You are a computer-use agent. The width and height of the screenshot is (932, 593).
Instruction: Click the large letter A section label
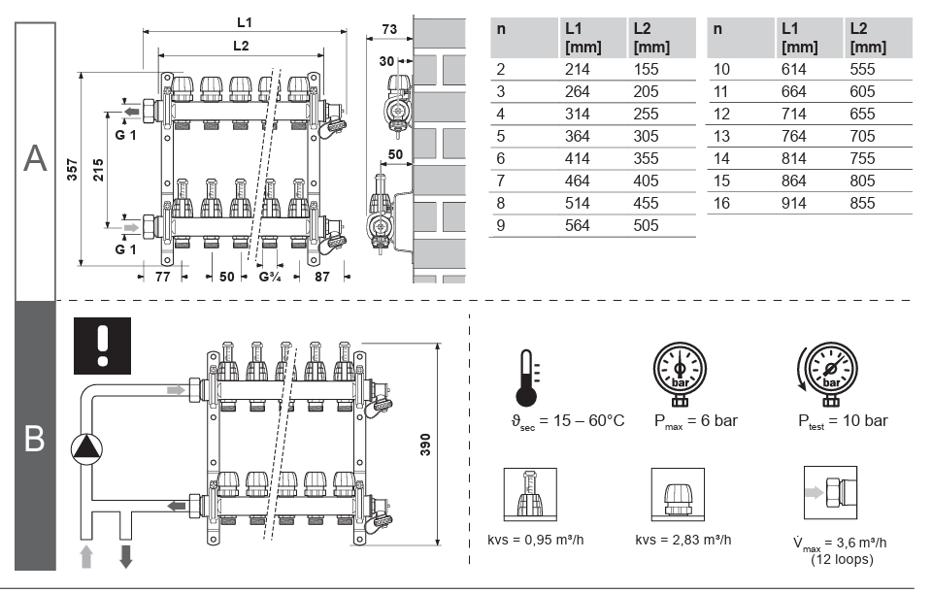(35, 158)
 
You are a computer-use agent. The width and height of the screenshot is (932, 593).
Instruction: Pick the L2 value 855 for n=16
(861, 203)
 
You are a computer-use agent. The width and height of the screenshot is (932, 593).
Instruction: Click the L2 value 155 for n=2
(646, 69)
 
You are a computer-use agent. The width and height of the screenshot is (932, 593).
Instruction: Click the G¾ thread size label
(271, 277)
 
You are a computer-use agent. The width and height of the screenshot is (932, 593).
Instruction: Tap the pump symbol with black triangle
(87, 447)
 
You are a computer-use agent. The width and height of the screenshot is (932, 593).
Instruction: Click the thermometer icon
(527, 378)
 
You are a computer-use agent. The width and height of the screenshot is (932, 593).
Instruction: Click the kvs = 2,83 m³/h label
(682, 540)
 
